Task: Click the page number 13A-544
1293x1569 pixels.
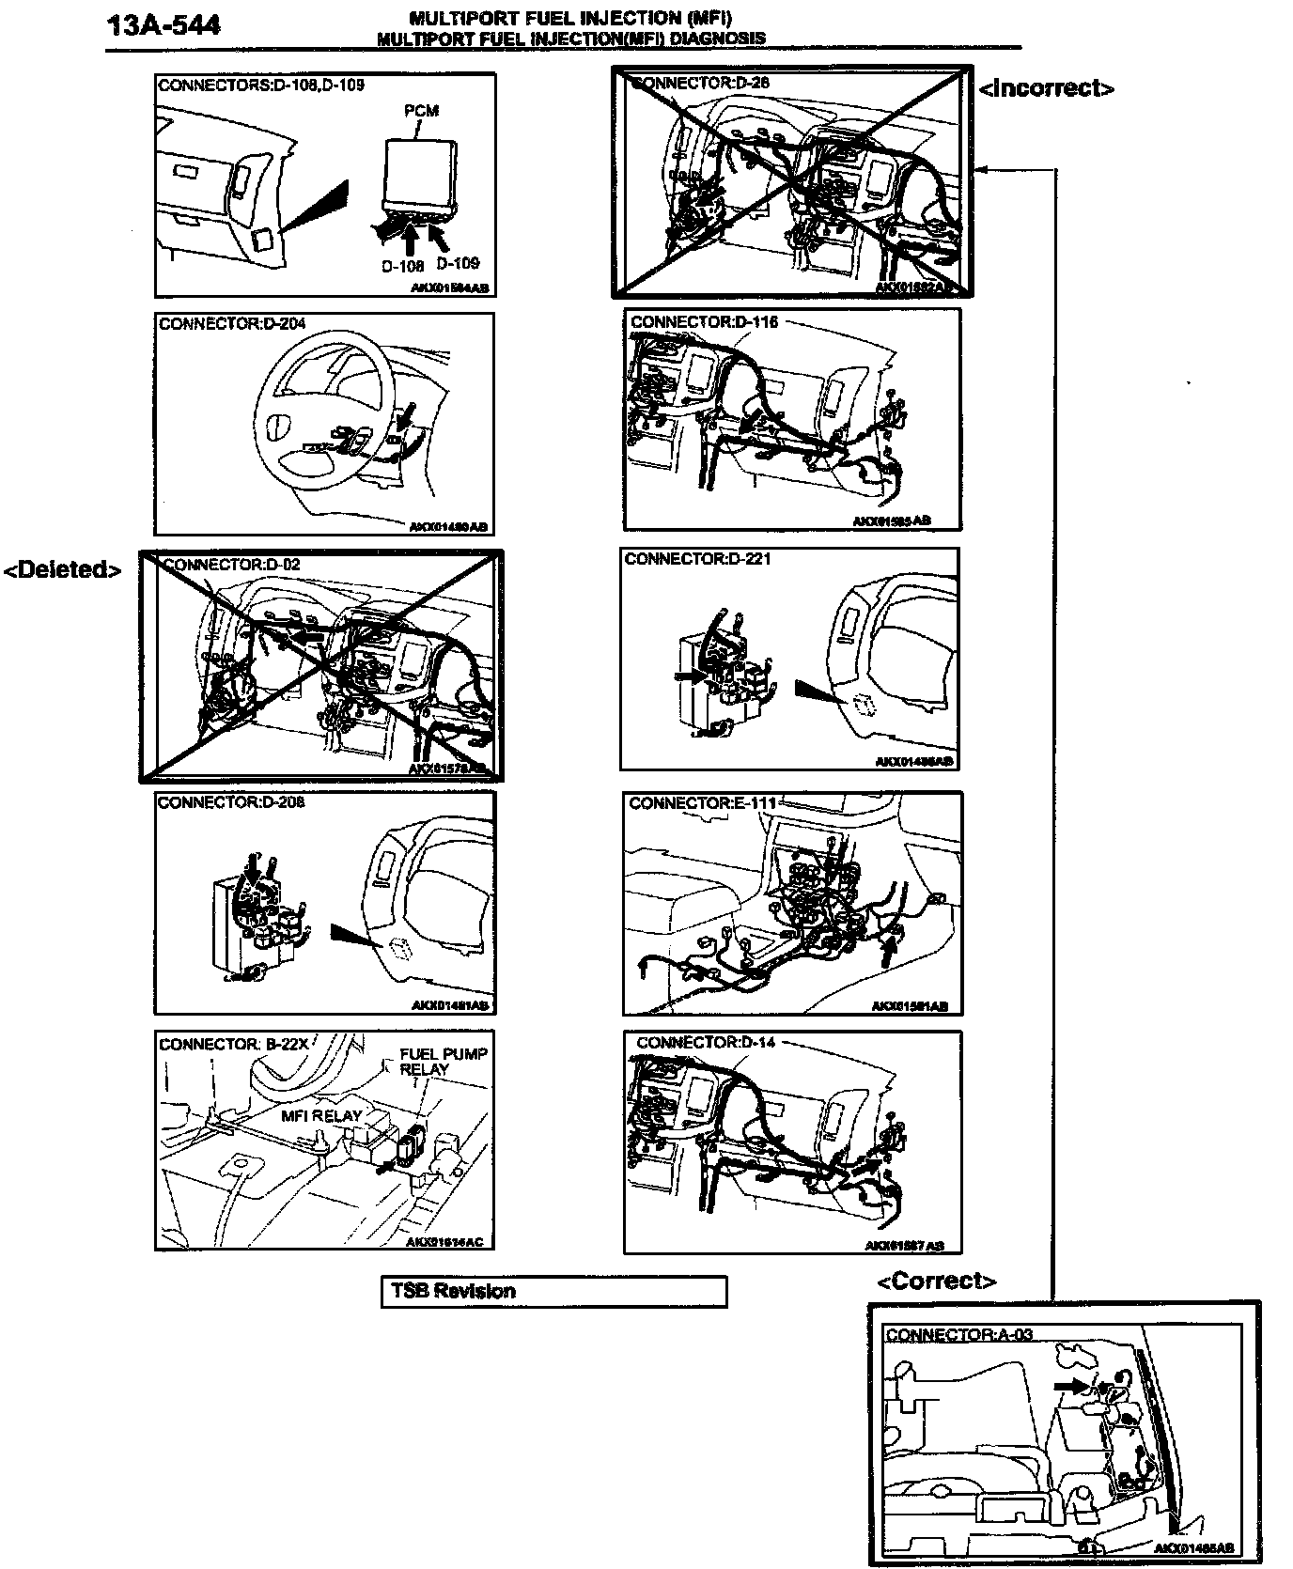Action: [x=164, y=24]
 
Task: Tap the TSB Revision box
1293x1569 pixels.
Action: [x=553, y=1291]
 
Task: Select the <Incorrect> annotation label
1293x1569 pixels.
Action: [x=1046, y=88]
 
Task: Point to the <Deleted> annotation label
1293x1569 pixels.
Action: [x=63, y=569]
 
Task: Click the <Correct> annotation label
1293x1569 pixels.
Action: [x=936, y=1281]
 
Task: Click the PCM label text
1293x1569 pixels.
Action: [x=421, y=111]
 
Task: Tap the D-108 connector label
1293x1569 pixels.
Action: [x=402, y=266]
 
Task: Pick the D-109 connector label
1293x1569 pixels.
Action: [x=458, y=263]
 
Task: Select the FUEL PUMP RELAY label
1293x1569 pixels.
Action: [x=444, y=1062]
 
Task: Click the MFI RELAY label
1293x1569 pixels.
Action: [x=321, y=1115]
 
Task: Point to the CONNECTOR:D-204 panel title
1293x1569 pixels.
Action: [x=232, y=324]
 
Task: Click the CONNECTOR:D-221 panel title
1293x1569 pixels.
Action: [x=697, y=559]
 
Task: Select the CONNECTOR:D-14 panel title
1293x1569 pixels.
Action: [x=706, y=1042]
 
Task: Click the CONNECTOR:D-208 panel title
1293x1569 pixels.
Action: [x=231, y=803]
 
